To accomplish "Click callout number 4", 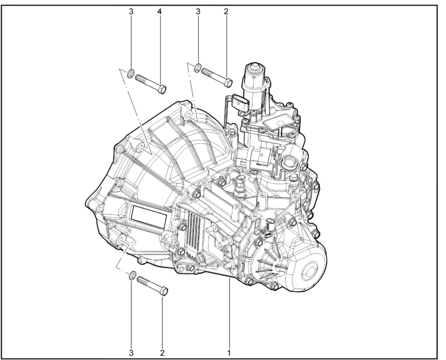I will [x=159, y=10].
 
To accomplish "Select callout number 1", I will [x=230, y=351].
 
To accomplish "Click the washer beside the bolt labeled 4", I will [x=131, y=73].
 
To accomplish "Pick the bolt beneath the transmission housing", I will [x=152, y=283].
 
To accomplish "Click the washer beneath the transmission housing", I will [x=132, y=275].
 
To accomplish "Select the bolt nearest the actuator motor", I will [x=217, y=77].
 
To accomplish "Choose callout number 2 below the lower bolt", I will [x=162, y=351].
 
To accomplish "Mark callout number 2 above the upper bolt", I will [x=226, y=10].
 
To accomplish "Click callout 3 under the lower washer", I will [x=131, y=351].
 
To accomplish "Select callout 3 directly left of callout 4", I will [x=131, y=10].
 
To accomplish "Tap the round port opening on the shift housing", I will [x=287, y=163].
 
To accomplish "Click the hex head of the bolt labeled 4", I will [x=163, y=89].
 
